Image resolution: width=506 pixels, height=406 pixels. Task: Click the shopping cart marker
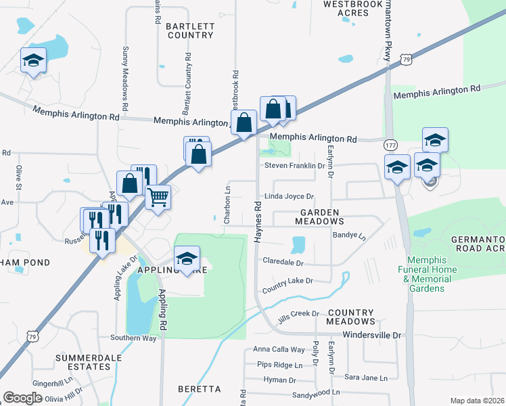coord(158,198)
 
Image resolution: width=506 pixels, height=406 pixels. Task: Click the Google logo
coord(22,398)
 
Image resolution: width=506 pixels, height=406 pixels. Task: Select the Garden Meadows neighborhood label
coord(318,217)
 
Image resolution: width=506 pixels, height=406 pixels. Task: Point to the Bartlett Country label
coord(189,30)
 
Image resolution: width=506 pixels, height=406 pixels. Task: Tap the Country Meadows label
coord(350,317)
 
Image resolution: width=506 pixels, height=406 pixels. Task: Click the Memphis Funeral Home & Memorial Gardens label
coord(432,274)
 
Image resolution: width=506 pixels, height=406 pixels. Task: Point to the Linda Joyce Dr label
coord(289,197)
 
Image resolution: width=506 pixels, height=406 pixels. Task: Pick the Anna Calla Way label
coord(279,350)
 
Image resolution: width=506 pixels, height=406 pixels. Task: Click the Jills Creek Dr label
coord(298,313)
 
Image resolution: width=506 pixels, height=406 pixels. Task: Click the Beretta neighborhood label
coord(200,389)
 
